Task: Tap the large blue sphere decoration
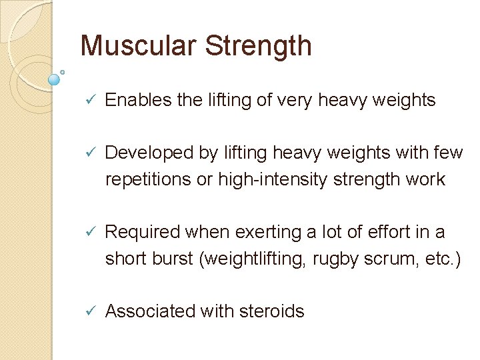[55, 79]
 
